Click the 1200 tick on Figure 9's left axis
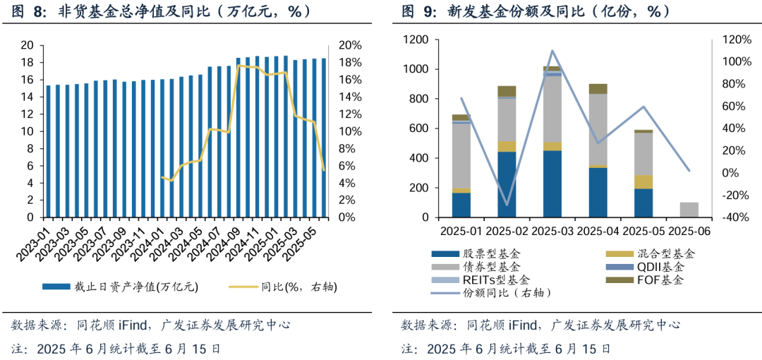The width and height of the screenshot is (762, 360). (x=415, y=40)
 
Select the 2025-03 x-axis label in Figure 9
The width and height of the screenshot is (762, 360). (x=552, y=231)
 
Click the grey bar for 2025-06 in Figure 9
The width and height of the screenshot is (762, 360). (x=689, y=210)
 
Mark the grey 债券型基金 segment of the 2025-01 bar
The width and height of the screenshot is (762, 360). (x=461, y=155)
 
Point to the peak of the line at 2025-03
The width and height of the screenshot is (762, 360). (x=552, y=51)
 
